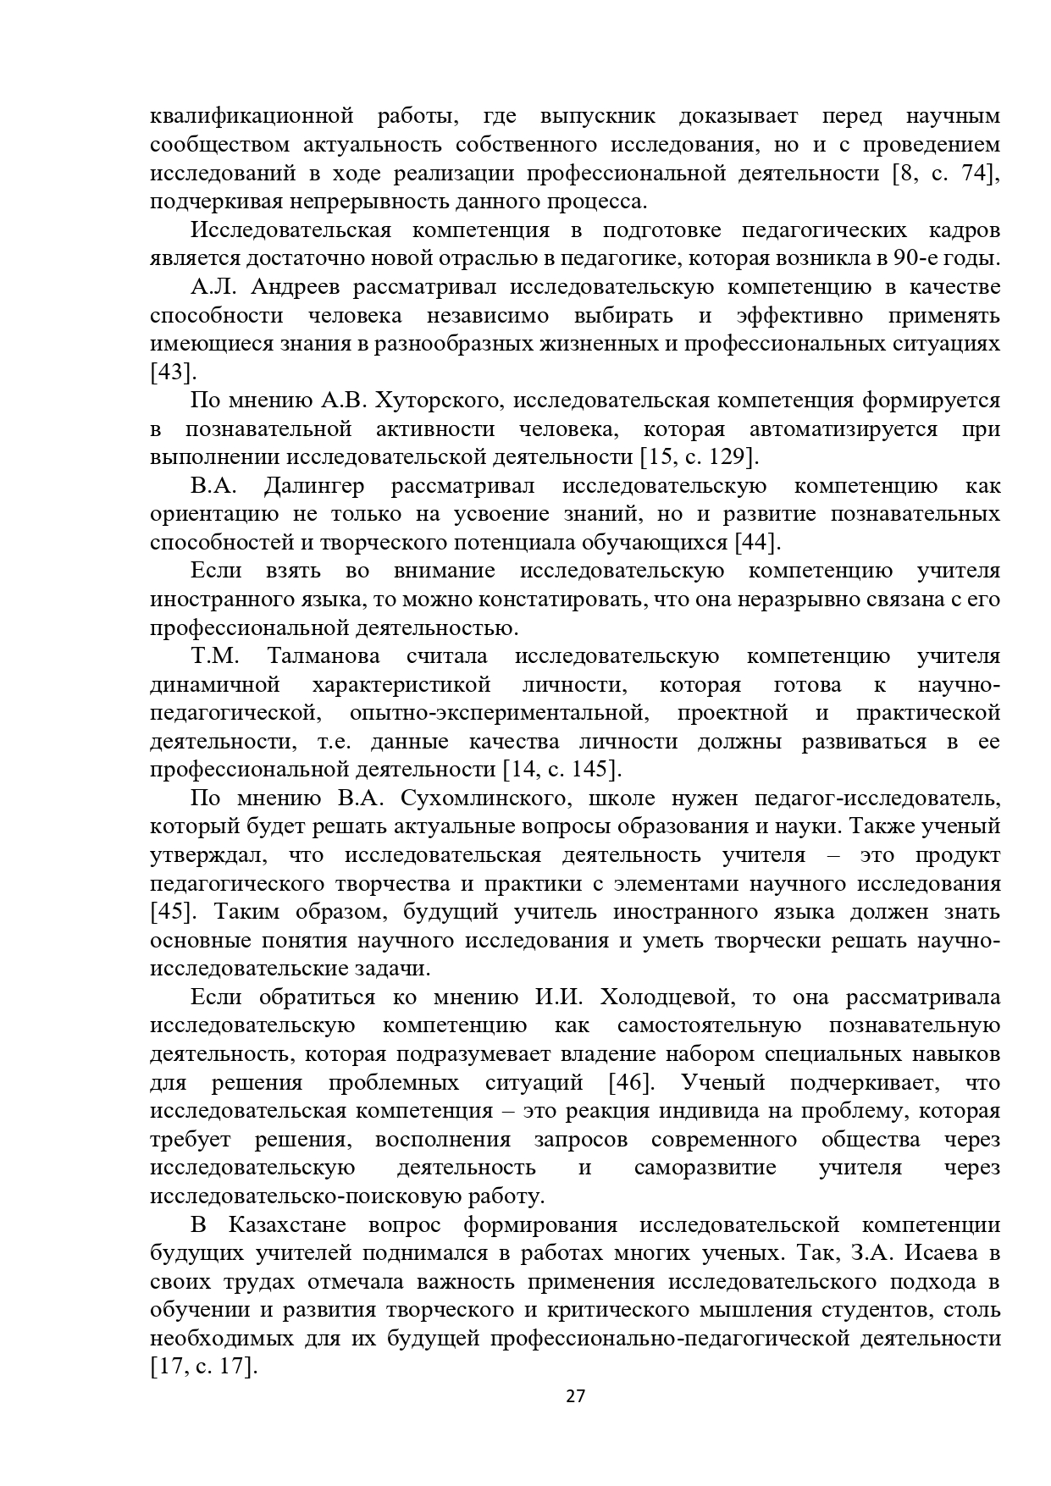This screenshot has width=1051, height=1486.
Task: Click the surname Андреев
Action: click(x=296, y=287)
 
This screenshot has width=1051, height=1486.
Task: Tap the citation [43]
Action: click(x=172, y=373)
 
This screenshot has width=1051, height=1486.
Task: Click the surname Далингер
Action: click(x=313, y=486)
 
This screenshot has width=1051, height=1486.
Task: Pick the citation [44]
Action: click(x=757, y=543)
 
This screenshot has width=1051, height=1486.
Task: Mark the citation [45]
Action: click(x=173, y=912)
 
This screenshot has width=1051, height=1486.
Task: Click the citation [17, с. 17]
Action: click(x=202, y=1367)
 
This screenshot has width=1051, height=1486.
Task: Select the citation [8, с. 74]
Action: click(x=945, y=174)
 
